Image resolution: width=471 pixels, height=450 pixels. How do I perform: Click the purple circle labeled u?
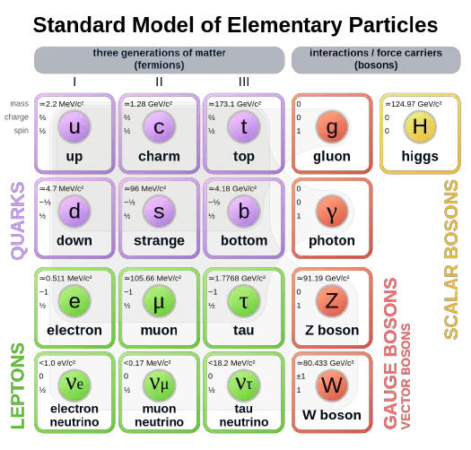[74, 127]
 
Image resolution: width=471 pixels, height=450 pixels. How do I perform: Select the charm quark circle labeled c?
[159, 127]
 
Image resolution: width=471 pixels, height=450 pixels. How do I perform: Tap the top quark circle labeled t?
[244, 127]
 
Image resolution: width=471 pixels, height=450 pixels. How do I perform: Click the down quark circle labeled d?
[74, 212]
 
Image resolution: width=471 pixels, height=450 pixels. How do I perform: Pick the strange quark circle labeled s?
[159, 212]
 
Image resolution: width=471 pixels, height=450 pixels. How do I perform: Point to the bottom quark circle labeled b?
[244, 212]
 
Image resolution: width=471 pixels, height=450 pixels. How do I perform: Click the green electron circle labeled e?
[74, 301]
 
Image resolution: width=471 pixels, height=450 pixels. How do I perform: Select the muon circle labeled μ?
[159, 301]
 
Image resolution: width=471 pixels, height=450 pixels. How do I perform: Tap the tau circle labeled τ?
[244, 301]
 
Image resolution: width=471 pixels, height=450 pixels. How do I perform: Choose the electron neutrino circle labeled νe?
[74, 385]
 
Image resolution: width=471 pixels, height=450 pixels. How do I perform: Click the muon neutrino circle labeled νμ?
[159, 385]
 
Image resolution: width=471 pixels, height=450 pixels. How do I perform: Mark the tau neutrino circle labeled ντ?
[244, 385]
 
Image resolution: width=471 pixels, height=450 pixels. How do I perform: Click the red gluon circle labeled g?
[332, 127]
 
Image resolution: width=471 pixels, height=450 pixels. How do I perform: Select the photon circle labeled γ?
[332, 212]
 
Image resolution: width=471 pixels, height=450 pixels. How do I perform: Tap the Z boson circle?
[332, 301]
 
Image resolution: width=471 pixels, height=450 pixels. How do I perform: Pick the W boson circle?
[332, 385]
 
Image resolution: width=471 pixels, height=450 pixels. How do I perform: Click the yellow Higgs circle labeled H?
[419, 127]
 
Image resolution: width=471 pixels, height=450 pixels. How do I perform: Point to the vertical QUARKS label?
[17, 221]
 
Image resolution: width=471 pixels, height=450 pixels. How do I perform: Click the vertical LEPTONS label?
[17, 385]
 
